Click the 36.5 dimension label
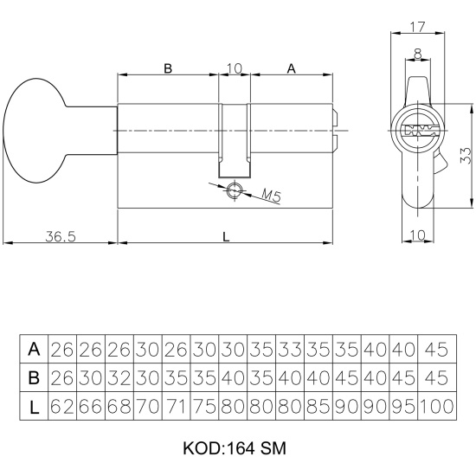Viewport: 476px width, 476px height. tap(61, 236)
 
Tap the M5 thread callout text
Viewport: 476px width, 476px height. tap(271, 196)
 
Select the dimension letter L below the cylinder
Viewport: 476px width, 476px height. tap(226, 237)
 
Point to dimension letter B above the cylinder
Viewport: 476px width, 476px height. tap(168, 68)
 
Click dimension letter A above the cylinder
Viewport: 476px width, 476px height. tap(291, 68)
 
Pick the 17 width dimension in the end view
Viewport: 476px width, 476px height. tap(418, 27)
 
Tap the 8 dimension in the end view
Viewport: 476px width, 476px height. tap(418, 54)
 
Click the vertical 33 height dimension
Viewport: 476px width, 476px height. tap(465, 156)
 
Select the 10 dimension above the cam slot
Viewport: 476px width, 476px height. tap(235, 68)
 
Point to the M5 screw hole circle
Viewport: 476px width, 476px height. tap(235, 190)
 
